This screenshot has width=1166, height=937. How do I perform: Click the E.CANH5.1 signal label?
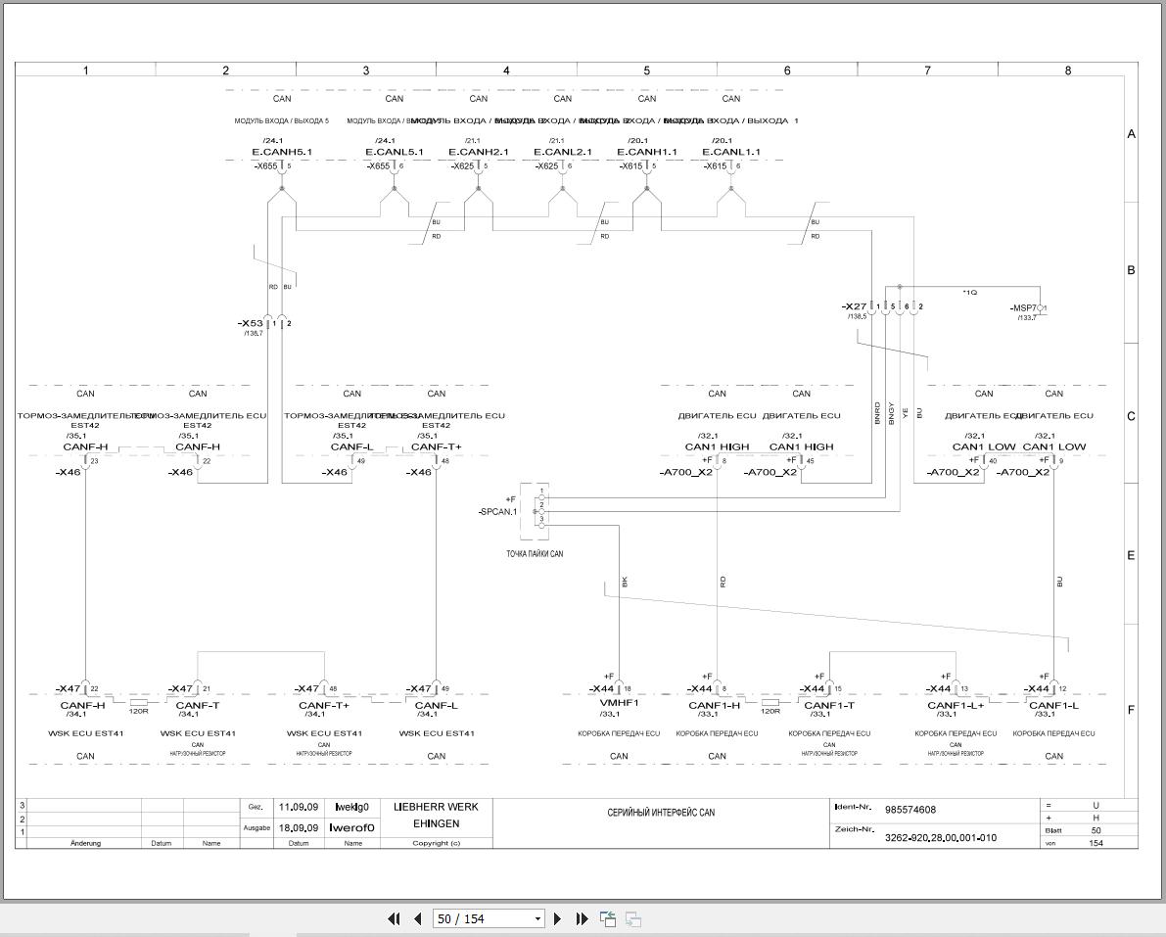(x=282, y=152)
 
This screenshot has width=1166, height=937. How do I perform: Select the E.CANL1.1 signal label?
(x=731, y=152)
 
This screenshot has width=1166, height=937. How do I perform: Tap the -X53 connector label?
(x=251, y=323)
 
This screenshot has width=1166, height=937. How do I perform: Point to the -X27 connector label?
(x=855, y=306)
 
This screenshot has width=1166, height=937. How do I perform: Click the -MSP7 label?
(x=1024, y=308)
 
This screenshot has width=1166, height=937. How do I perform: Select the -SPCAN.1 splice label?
(x=497, y=512)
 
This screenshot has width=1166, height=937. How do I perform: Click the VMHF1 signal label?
(x=619, y=704)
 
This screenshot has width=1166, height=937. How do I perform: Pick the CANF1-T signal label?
(x=829, y=706)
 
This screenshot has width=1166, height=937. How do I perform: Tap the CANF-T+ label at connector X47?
(x=324, y=706)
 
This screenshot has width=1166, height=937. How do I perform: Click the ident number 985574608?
(x=910, y=810)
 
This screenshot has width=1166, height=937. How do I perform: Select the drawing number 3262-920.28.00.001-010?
(x=941, y=838)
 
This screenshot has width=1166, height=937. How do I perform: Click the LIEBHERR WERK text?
(x=436, y=807)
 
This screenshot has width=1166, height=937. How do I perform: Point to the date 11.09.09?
(x=299, y=808)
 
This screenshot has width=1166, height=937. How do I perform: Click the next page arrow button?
(x=558, y=918)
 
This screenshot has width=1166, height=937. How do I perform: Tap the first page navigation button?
(x=394, y=918)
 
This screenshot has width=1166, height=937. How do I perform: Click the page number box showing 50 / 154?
(x=487, y=918)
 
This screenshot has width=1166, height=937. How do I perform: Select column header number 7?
(x=927, y=70)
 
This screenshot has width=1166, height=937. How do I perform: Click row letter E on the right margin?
(x=1131, y=555)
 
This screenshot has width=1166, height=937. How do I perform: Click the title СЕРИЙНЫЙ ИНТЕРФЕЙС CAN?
(x=661, y=813)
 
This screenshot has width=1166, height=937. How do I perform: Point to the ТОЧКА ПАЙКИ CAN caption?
(x=535, y=554)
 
